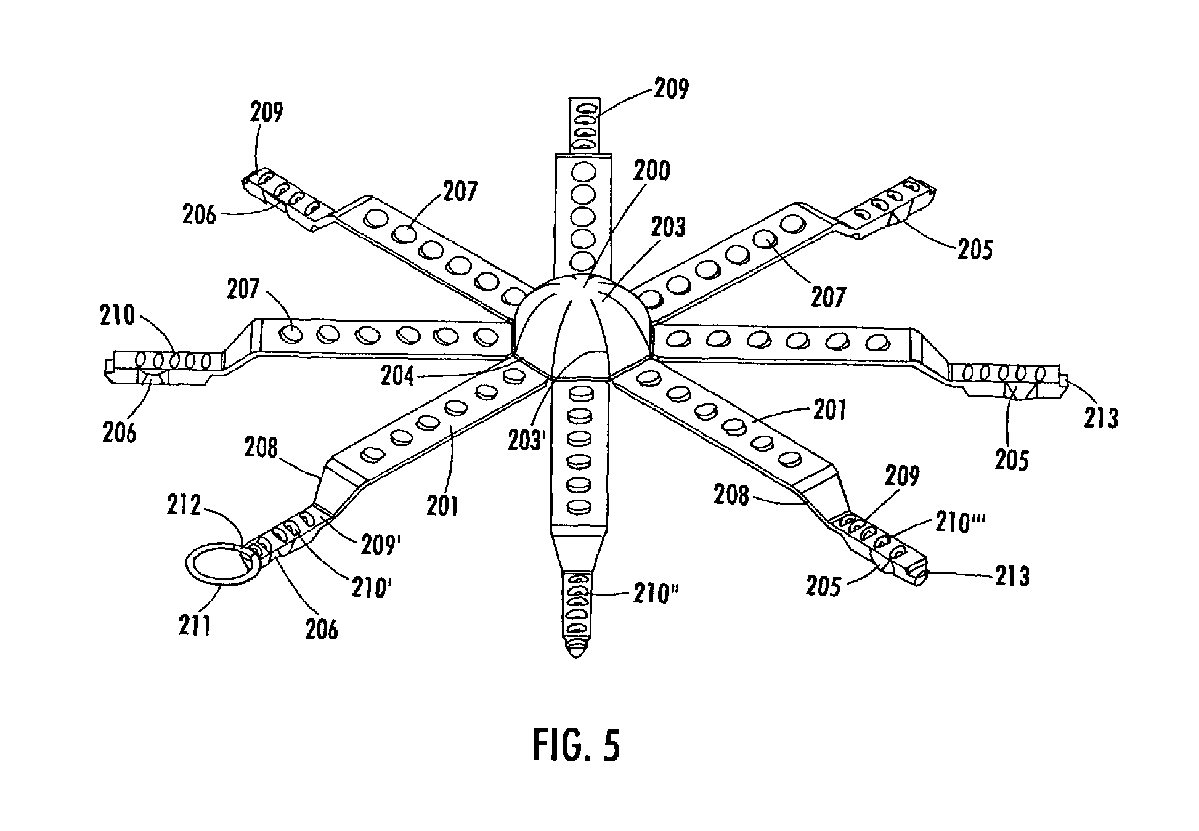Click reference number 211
194,626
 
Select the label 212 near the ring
184,506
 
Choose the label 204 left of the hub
397,375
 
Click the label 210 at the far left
118,316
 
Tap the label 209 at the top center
670,89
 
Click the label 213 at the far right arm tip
1100,417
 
